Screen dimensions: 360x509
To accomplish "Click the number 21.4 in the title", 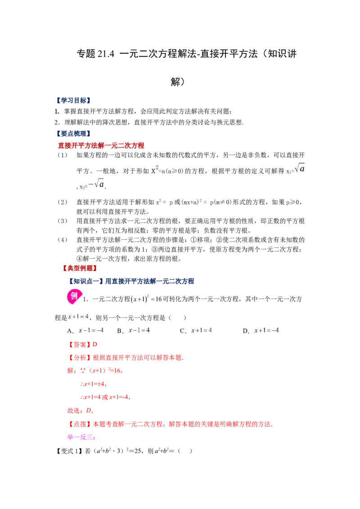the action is click(x=106, y=54).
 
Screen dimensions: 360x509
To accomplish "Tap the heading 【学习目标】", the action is click(x=73, y=100).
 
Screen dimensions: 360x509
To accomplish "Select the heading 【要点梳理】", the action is click(x=73, y=134).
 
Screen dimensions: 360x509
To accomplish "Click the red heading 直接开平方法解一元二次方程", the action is click(x=101, y=145).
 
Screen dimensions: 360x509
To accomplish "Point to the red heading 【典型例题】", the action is click(x=80, y=268).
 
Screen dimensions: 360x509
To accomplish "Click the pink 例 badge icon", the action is click(x=74, y=296).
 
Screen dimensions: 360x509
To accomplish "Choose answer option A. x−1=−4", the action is click(x=85, y=330).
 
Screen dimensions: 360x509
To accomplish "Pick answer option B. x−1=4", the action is click(x=134, y=330).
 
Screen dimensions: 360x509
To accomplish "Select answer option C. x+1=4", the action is click(x=196, y=330).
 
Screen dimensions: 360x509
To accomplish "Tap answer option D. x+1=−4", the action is click(x=261, y=330).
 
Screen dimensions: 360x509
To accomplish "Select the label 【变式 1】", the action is click(x=70, y=451).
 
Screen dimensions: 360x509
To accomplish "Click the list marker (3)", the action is click(x=63, y=221).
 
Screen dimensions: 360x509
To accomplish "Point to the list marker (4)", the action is click(x=63, y=240).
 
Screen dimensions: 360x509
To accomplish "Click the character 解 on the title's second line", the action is click(x=175, y=82).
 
